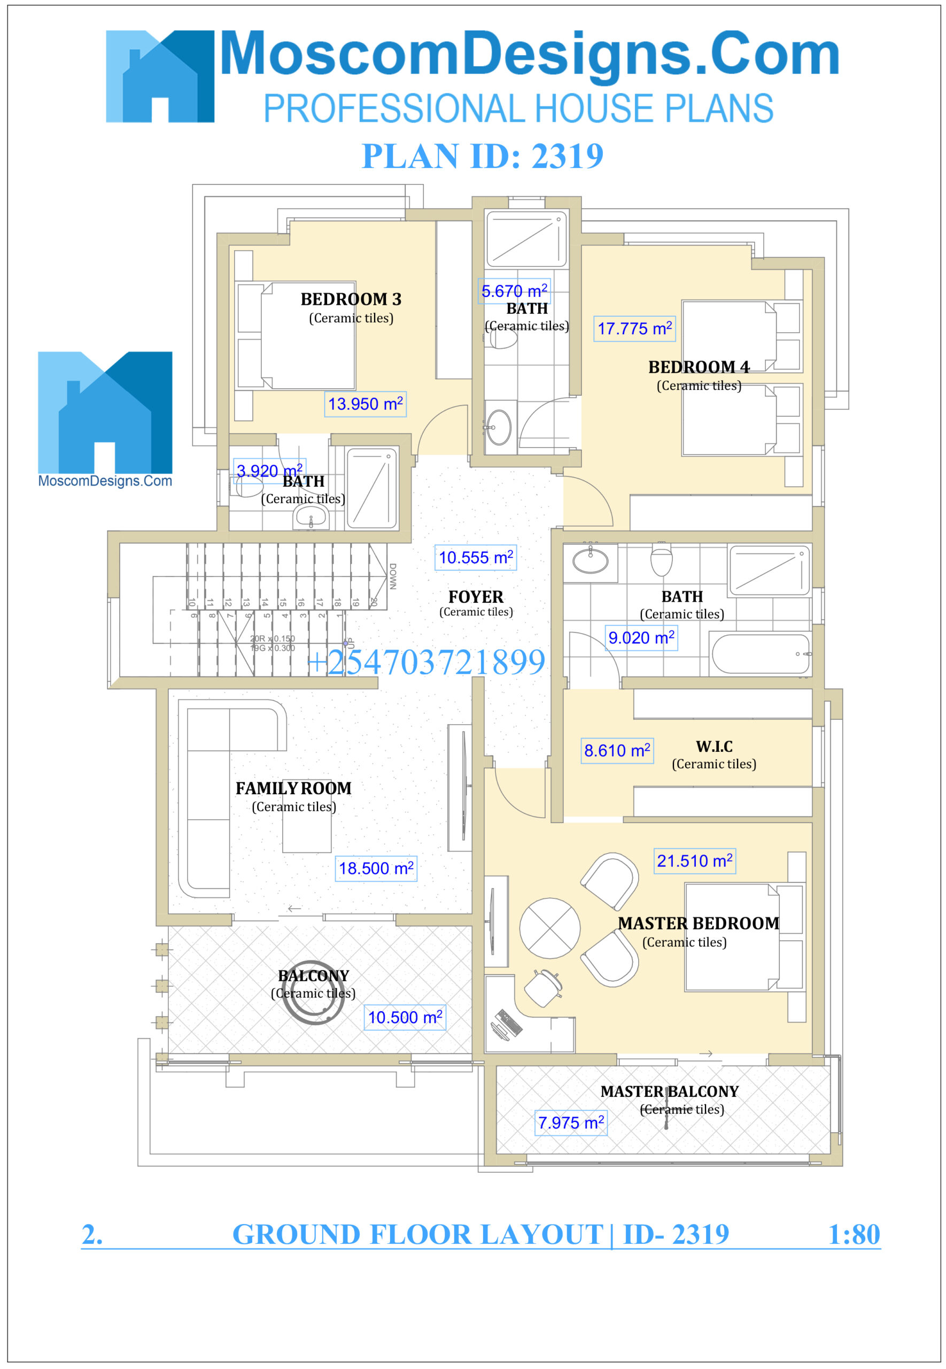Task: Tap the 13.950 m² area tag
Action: (x=365, y=404)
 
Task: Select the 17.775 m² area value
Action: (x=634, y=328)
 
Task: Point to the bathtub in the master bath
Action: (x=761, y=653)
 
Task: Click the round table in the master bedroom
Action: (x=549, y=928)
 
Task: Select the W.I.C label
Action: (x=714, y=746)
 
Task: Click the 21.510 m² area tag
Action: (x=694, y=860)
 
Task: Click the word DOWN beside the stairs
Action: (x=392, y=576)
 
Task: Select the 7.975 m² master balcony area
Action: (x=570, y=1122)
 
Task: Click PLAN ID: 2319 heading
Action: (x=482, y=156)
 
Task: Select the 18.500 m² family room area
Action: (x=376, y=868)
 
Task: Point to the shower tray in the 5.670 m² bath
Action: (x=526, y=240)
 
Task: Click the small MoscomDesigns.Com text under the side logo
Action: (x=105, y=480)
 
